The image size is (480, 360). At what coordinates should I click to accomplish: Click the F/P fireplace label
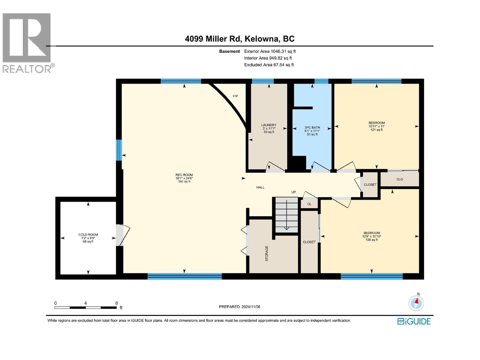(235, 96)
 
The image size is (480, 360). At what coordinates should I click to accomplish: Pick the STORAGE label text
(267, 253)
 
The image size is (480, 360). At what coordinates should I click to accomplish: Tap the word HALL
(260, 187)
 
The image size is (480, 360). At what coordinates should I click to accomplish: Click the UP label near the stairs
(293, 192)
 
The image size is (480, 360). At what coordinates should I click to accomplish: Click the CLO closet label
(400, 179)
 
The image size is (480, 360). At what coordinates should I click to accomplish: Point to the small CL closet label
(309, 204)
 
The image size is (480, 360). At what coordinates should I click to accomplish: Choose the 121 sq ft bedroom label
(376, 126)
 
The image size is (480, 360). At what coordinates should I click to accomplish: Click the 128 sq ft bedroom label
(371, 236)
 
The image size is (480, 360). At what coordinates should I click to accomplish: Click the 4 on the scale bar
(85, 303)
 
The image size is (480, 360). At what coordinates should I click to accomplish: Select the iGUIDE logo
(414, 321)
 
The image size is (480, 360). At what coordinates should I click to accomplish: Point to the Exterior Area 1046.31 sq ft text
(270, 51)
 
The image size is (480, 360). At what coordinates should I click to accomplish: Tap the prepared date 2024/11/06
(251, 307)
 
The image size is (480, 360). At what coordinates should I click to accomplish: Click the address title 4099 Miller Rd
(213, 39)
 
